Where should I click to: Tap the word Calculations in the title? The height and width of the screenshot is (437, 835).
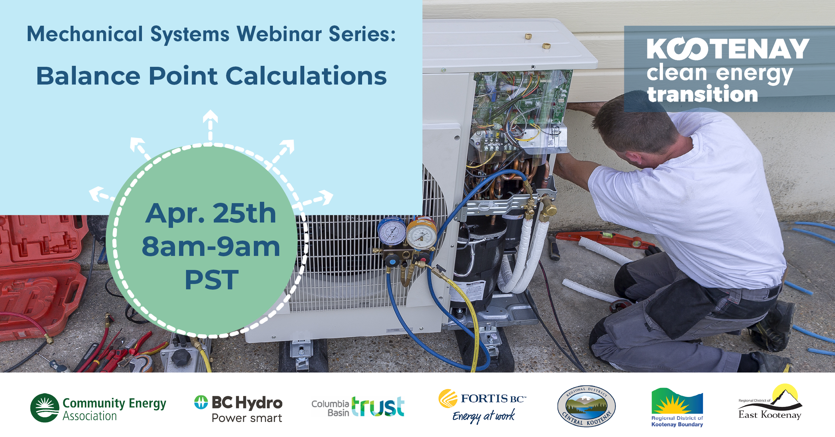coord(306,76)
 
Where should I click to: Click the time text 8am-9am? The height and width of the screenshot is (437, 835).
coord(211,247)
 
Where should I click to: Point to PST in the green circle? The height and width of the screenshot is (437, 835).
coord(212,280)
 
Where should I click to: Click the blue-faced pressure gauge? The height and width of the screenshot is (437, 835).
coord(391,232)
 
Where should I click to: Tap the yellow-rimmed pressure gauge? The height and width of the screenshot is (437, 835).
coord(421,234)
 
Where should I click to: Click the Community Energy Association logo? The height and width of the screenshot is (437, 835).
coord(98,408)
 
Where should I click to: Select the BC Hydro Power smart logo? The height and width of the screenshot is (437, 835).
coord(238,409)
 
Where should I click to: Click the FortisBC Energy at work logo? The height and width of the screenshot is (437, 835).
coord(482,406)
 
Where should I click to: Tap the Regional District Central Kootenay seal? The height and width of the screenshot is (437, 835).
coord(587,406)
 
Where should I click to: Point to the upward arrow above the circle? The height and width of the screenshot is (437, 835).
coord(210,125)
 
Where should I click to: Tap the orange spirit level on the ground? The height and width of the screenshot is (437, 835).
coord(605,239)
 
